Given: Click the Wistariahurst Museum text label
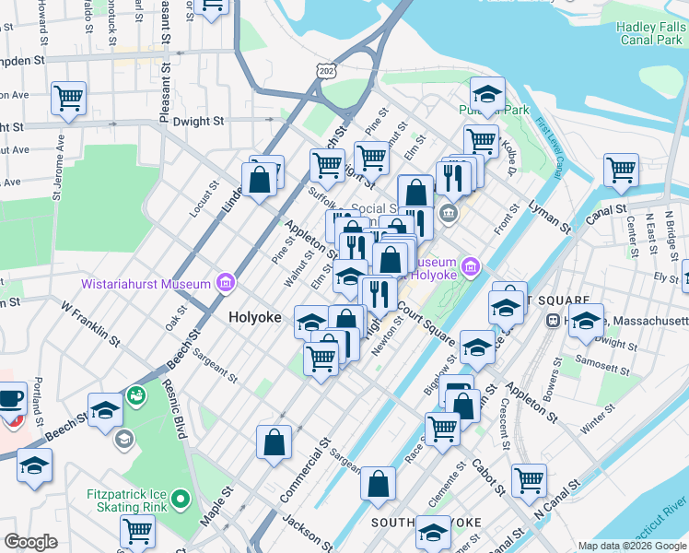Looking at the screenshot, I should [x=146, y=284].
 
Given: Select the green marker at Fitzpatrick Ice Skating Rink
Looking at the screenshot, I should [x=181, y=500].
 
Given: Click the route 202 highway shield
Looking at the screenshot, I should [x=326, y=71].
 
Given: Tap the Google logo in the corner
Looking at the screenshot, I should [x=31, y=542].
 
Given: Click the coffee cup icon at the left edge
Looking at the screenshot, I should [x=10, y=400].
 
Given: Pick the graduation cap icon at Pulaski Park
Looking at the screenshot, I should [x=487, y=93].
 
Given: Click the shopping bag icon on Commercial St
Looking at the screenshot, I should [x=275, y=442].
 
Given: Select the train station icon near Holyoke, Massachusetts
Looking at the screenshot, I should [x=555, y=321].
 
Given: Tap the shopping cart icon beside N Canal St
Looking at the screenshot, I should [x=529, y=479].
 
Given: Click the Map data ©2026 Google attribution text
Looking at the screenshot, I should [x=632, y=546].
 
